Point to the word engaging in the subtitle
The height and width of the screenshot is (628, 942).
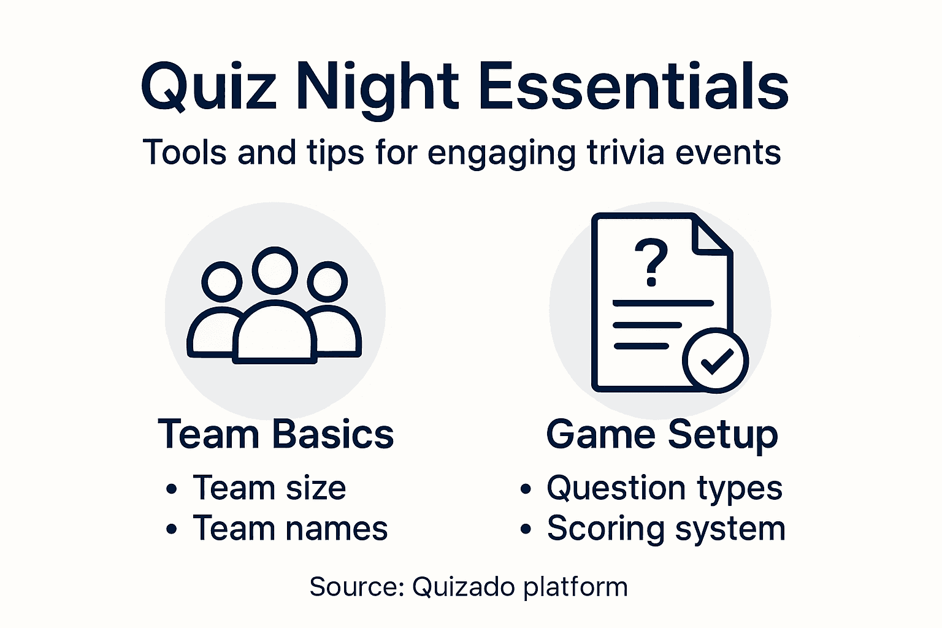point(501,153)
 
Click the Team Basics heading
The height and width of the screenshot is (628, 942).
point(275,434)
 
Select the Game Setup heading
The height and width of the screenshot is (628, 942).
point(662,435)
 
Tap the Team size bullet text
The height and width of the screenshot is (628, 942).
point(269,488)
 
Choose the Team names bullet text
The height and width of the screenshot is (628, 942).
point(290,529)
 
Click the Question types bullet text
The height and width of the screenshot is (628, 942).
point(664,489)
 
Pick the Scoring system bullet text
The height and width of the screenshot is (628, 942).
point(666,529)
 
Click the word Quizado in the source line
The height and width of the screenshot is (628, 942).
point(463,587)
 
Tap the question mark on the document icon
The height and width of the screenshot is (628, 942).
point(651,262)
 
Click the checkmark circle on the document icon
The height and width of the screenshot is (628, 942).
point(715,361)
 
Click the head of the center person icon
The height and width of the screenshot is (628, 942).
point(275,270)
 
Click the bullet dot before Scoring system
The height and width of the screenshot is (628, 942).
point(526,529)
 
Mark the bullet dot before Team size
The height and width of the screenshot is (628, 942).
point(172,489)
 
